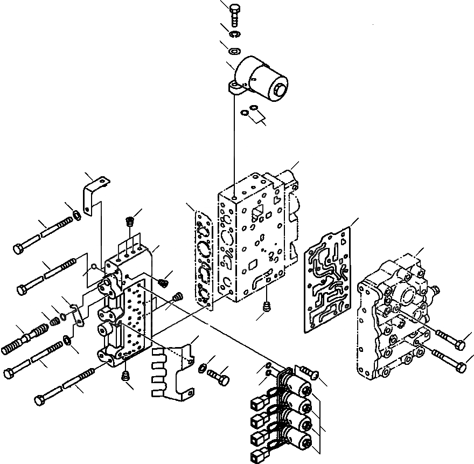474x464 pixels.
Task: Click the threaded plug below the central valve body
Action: (x=267, y=307)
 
